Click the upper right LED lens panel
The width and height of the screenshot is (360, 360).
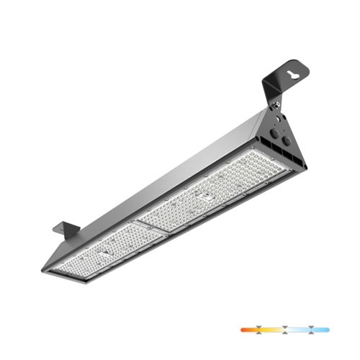coord(209,191)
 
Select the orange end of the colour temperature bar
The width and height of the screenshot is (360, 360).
coord(245,329)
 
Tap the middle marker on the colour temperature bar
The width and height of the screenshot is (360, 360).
coord(286,329)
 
